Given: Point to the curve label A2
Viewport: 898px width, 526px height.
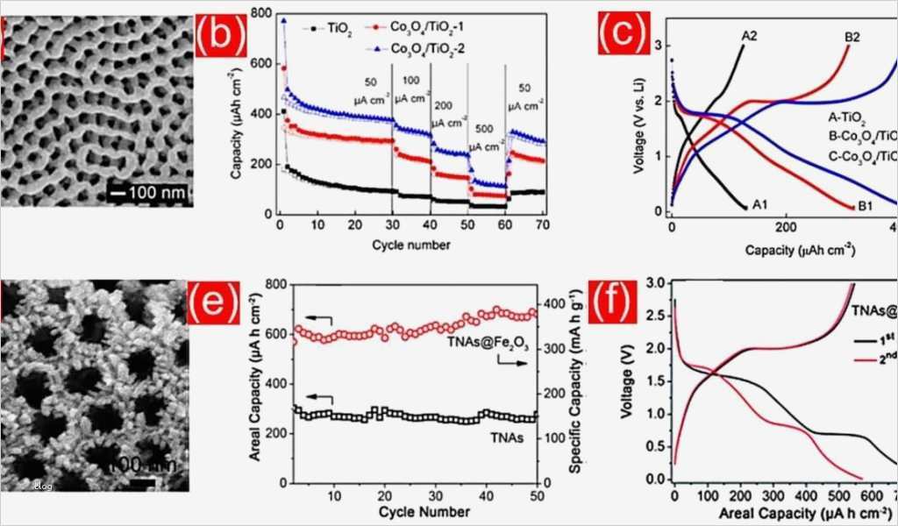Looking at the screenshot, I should click(749, 36).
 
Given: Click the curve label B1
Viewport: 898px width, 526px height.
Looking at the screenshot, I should click(864, 206).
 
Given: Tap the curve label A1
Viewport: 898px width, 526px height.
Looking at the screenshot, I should click(759, 205).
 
